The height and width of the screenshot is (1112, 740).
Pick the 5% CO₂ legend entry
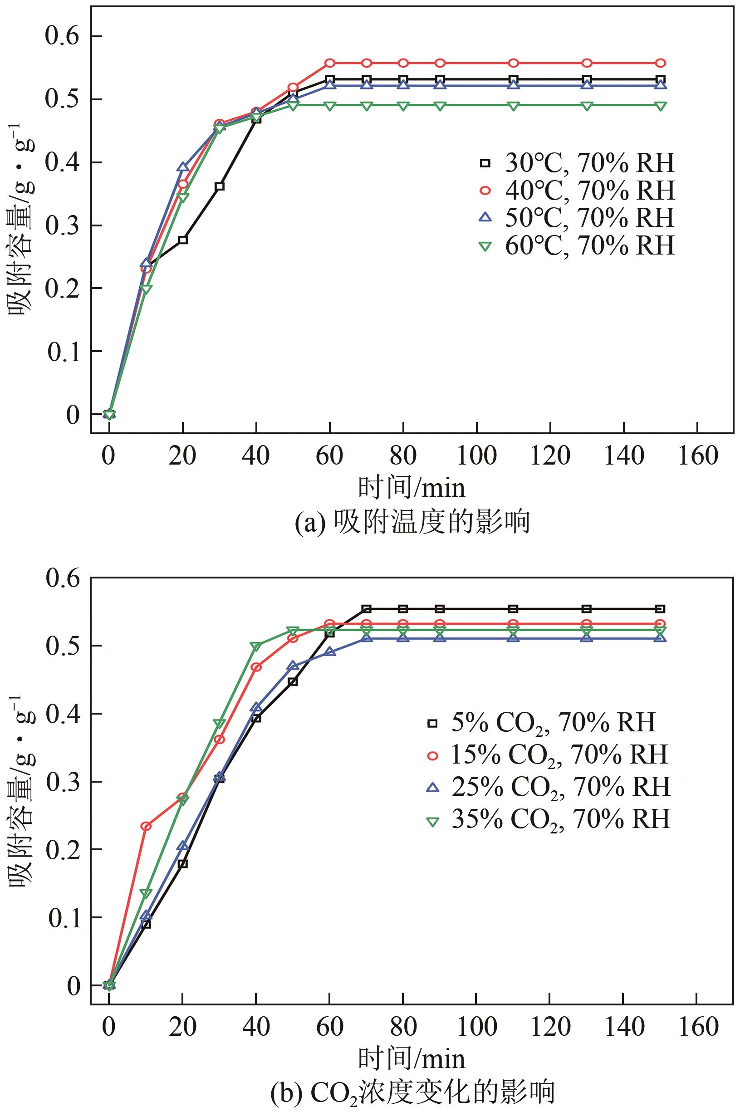coord(541,722)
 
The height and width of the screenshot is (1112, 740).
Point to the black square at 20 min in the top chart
coord(183,240)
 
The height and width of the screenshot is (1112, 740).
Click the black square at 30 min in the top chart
coord(220,186)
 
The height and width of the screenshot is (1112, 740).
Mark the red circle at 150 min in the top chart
coord(661,63)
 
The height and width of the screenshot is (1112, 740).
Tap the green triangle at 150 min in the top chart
coord(661,106)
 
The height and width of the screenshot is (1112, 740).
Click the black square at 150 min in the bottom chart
coord(661,609)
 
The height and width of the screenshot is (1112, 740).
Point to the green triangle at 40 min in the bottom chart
coord(256,646)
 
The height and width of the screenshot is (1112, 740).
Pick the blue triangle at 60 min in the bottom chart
coord(330,652)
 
